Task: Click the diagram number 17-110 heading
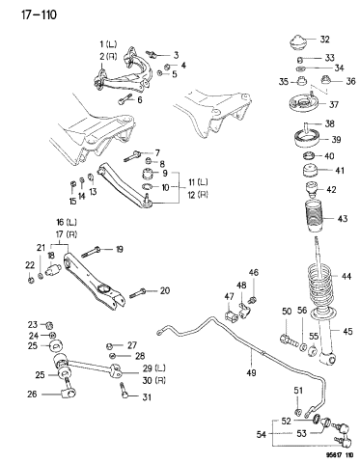(32, 14)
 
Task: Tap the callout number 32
(324, 40)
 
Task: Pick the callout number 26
(32, 394)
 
